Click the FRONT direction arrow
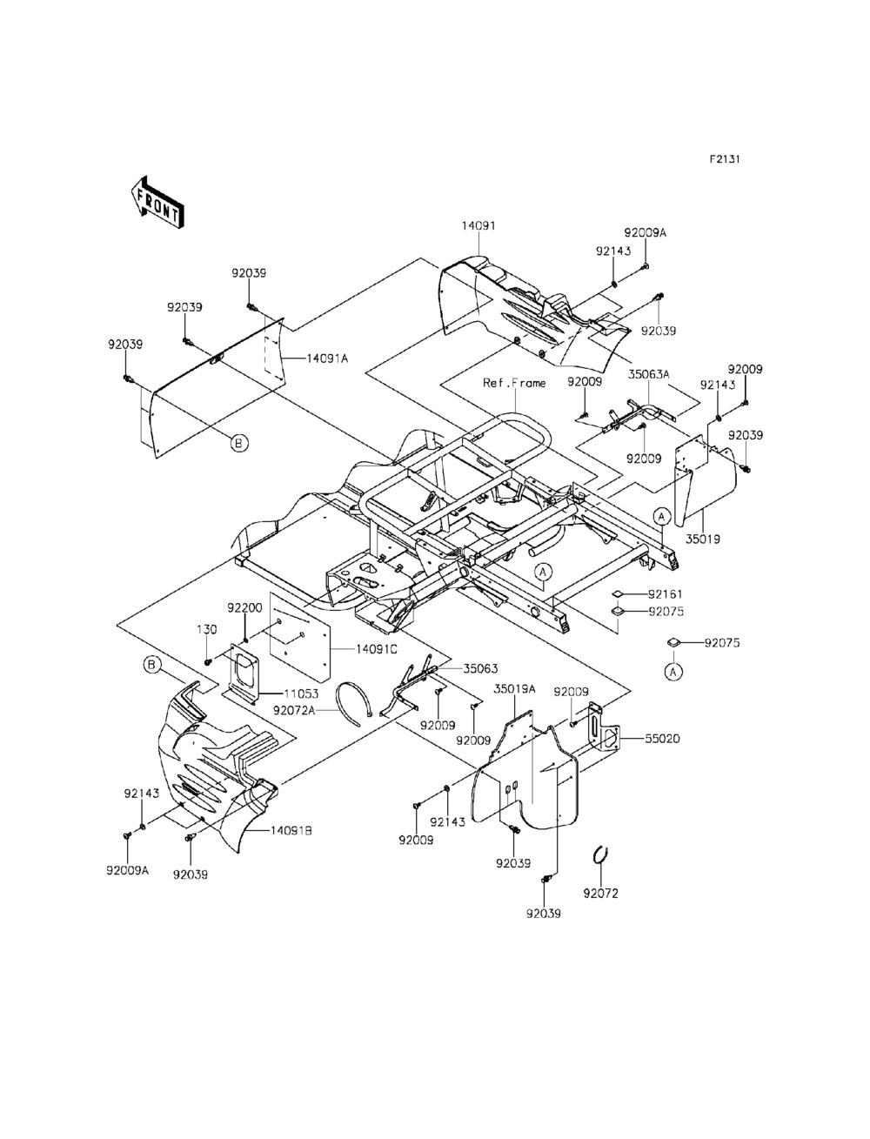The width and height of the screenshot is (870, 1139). click(x=156, y=201)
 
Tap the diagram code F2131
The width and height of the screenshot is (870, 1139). click(x=724, y=160)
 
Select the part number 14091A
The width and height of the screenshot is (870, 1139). click(x=326, y=358)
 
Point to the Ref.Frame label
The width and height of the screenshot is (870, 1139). click(x=515, y=383)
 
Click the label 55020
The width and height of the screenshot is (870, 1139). click(x=662, y=739)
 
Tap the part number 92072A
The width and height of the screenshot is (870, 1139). click(x=294, y=710)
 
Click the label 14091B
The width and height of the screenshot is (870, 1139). click(x=291, y=831)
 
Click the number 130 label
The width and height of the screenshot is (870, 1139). click(x=206, y=629)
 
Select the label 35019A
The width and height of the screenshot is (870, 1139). click(x=515, y=688)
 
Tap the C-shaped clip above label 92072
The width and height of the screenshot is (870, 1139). click(x=599, y=855)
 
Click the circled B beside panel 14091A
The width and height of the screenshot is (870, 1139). click(x=239, y=443)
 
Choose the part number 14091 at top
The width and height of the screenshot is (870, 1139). click(x=478, y=225)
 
